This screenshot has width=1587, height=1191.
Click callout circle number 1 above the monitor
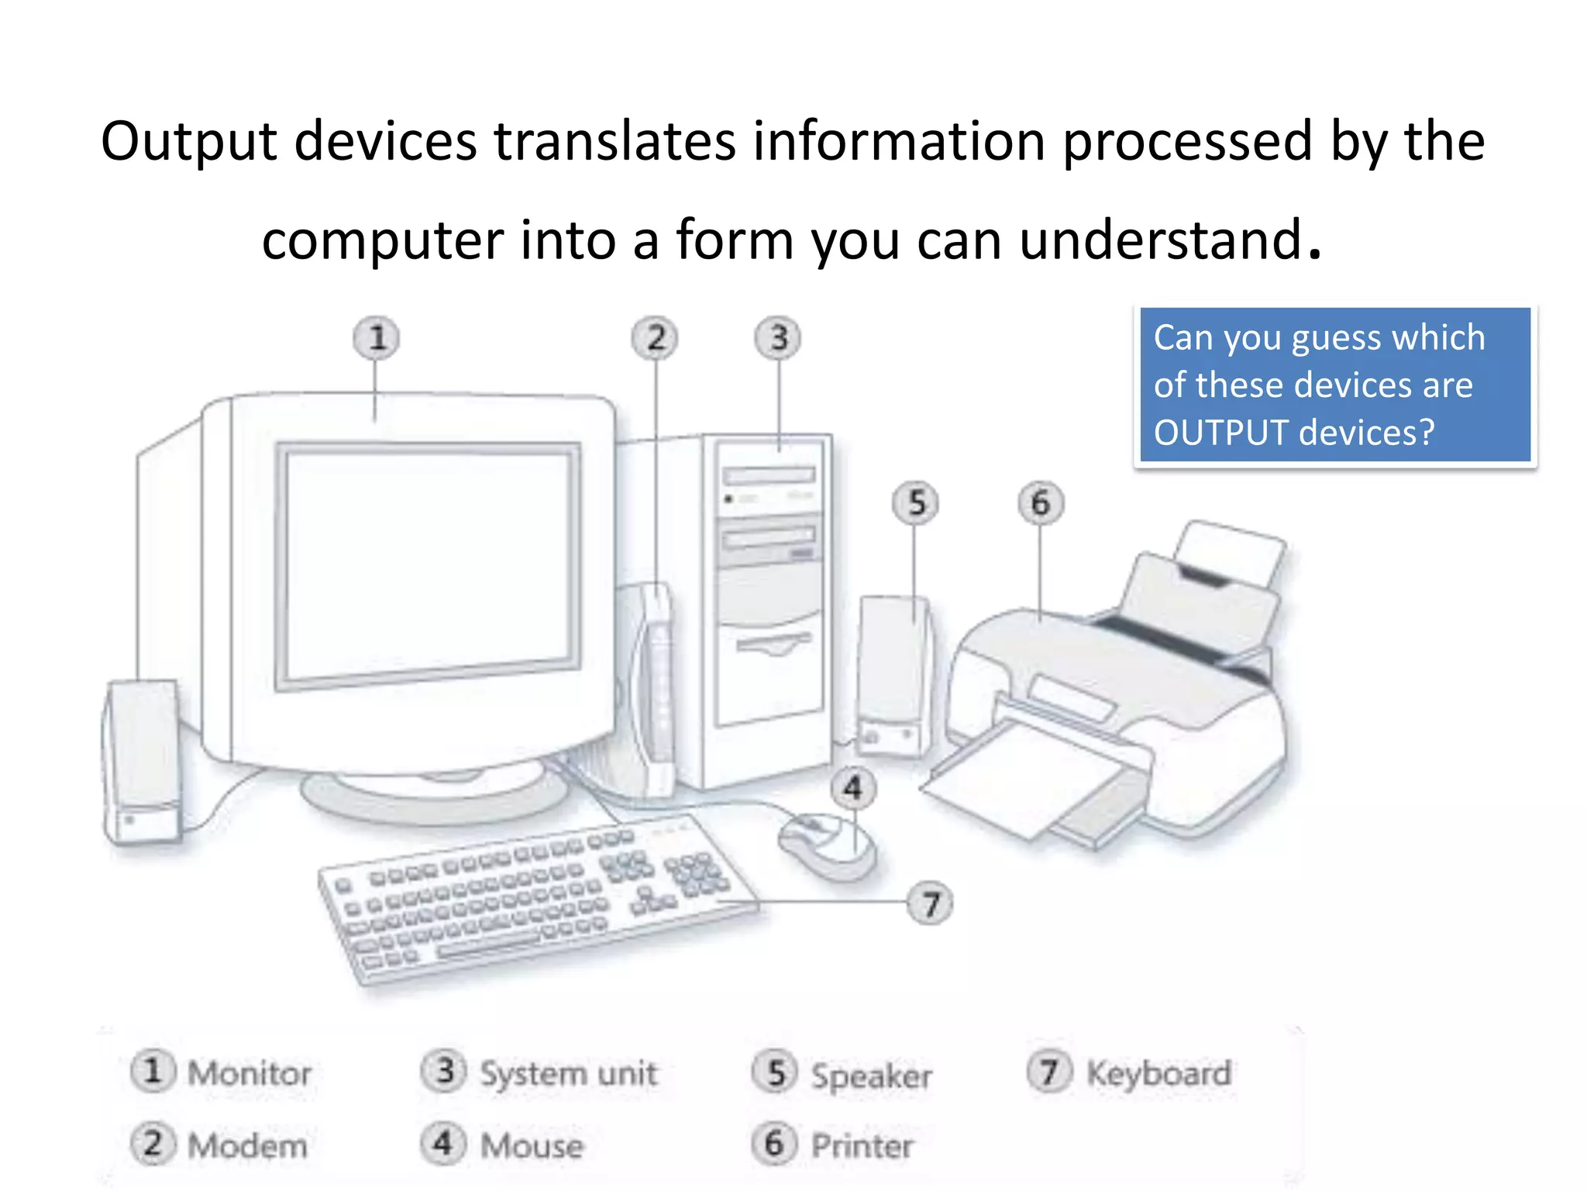coord(377,339)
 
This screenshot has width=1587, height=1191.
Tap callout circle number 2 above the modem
coord(655,339)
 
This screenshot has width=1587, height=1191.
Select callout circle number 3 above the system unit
coord(778,339)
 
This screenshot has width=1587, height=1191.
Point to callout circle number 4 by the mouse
coord(853,789)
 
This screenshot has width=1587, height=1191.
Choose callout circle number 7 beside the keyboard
coord(931,903)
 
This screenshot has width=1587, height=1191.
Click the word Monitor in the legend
coord(249,1074)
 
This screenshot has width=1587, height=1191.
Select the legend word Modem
coord(247,1146)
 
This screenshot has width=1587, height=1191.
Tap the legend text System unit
coord(568,1074)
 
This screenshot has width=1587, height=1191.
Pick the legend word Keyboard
coord(1158,1074)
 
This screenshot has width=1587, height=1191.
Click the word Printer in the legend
coord(862,1146)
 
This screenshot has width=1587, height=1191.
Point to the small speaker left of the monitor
coord(143,760)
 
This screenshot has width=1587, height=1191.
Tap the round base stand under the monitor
coord(434,795)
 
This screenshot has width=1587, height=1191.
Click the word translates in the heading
coord(614,141)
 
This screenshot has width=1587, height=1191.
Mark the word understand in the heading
coord(1159,240)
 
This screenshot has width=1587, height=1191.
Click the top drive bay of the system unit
coord(769,475)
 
